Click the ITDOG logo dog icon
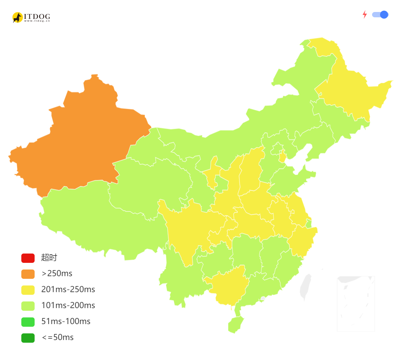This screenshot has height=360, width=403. tap(17, 17)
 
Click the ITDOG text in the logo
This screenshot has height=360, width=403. tap(37, 16)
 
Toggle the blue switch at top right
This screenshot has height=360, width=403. tap(380, 15)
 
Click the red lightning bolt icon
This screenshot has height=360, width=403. tap(365, 15)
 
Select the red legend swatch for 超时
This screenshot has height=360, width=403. tap(28, 258)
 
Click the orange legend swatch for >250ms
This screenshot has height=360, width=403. tap(28, 274)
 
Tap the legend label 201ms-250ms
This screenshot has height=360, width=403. tap(68, 289)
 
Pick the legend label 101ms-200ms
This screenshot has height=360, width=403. tap(68, 305)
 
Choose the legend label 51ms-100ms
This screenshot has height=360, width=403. tap(66, 321)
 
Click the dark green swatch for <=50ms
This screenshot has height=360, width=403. tap(28, 338)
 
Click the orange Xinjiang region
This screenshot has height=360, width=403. tap(76, 140)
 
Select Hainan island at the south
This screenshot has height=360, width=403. tap(235, 325)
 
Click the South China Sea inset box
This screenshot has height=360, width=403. tap(356, 303)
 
